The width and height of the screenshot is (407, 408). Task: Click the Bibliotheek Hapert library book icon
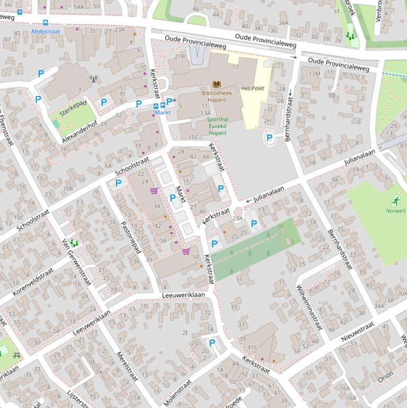pos(216,84)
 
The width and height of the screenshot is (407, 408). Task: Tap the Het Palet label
pos(252,88)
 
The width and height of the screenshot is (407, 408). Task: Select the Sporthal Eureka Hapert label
pos(217,126)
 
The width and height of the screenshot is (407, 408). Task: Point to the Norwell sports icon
pos(396,201)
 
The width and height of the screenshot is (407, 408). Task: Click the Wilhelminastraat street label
pos(309,307)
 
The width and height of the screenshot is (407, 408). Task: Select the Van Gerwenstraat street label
pos(77,261)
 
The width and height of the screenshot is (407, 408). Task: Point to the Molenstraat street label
pos(177,393)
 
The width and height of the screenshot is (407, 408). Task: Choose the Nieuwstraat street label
pos(358,330)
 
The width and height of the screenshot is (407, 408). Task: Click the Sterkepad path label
pos(73,109)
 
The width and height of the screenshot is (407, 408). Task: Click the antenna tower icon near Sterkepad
pos(94,79)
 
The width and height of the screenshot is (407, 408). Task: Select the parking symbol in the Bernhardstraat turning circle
pos(269,138)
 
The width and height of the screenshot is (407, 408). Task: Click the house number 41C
pos(252,348)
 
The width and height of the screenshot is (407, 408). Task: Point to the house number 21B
pos(180,56)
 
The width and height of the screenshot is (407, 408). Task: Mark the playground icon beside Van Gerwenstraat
pos(74,243)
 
